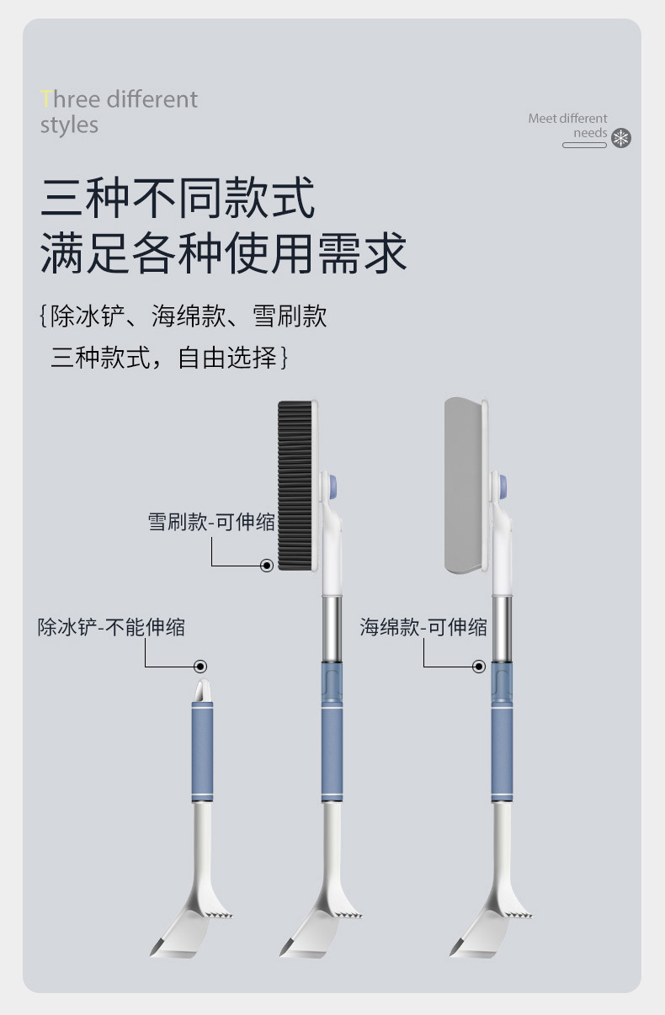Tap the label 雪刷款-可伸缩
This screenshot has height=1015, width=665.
pos(211,522)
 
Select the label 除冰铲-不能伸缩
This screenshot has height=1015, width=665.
pos(111,627)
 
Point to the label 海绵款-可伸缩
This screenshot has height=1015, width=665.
pos(423,627)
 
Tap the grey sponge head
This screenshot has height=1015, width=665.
pos(462,486)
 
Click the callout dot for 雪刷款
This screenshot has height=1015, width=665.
pos(267,566)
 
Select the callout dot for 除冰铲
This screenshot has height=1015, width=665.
pos(200,667)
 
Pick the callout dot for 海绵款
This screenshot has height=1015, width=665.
pos(479,667)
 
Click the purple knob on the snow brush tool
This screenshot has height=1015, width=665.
pos(331,485)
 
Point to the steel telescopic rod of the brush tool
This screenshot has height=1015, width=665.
pos(332,627)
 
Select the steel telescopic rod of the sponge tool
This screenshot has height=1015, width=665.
pos(503,627)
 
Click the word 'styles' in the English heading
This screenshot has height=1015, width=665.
pos(69,125)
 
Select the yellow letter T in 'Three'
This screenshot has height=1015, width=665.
pos(45,99)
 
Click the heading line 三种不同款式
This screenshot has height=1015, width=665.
pos(178,198)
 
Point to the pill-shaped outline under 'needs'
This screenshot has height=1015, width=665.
pos(584,146)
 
